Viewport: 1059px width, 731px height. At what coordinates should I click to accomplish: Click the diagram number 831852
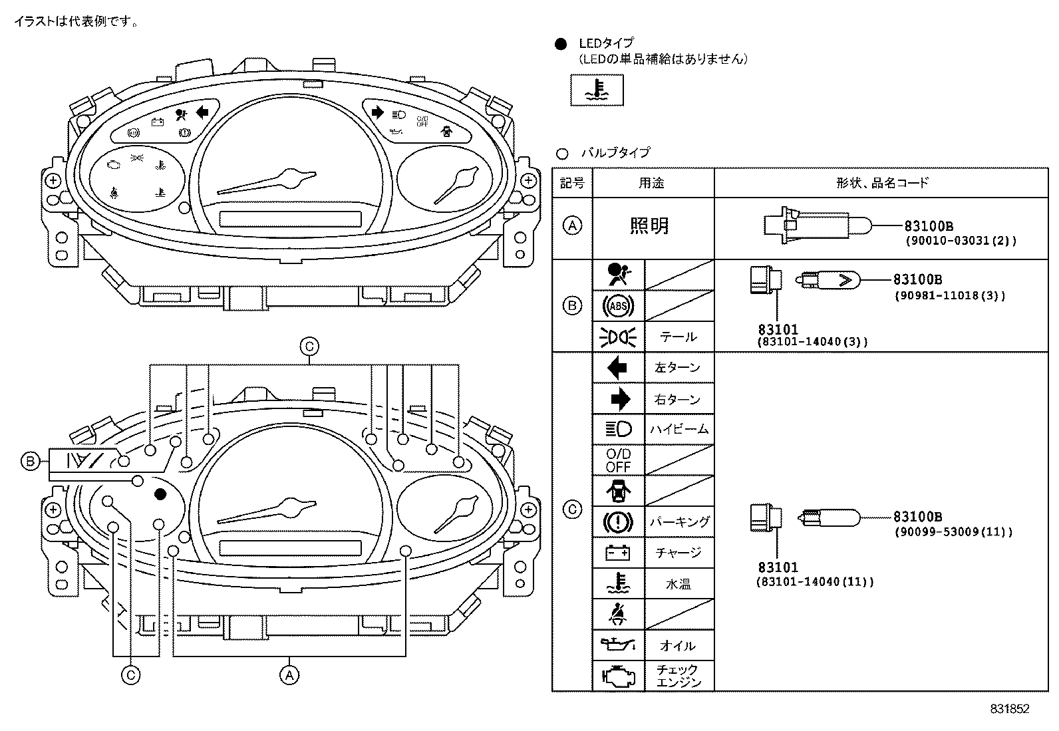1009,709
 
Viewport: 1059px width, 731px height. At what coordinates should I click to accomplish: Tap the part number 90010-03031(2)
960,241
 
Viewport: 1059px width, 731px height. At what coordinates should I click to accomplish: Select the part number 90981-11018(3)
949,295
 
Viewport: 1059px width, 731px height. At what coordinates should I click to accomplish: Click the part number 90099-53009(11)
953,531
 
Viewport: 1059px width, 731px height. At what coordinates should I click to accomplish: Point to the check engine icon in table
618,675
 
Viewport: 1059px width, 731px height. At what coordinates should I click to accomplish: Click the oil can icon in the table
618,644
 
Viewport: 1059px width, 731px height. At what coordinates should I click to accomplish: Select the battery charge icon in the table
618,552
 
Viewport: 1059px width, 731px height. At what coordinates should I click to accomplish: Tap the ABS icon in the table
618,306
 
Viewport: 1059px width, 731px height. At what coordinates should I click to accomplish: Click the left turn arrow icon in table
618,367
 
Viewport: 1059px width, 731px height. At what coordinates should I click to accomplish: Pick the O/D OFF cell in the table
618,460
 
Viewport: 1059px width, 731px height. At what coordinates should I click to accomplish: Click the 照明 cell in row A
649,226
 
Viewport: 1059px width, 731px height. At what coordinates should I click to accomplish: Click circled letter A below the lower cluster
288,675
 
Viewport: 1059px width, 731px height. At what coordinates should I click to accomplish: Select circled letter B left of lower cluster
30,461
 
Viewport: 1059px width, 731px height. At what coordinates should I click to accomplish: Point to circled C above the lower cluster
309,347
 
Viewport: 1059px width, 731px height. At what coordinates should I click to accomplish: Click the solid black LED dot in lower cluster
160,494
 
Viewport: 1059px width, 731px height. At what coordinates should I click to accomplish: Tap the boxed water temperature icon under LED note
597,90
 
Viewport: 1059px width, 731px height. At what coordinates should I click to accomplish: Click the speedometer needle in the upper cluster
266,183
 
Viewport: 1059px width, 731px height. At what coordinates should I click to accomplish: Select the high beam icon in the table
618,429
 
